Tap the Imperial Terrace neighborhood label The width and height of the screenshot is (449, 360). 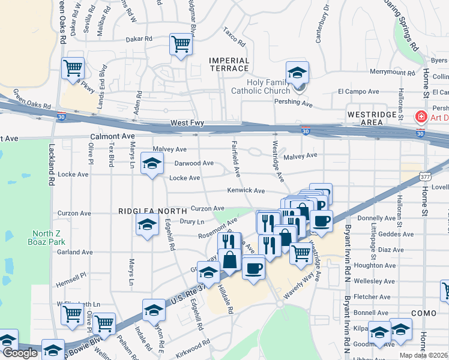(229, 64)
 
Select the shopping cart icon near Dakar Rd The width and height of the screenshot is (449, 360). (180, 44)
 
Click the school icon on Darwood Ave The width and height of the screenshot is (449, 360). (152, 163)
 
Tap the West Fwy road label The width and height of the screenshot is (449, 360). (187, 123)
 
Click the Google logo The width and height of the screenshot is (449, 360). (20, 353)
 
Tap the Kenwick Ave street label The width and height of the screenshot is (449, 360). (246, 191)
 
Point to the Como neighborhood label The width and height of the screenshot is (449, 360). (424, 313)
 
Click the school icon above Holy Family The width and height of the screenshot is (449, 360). (297, 73)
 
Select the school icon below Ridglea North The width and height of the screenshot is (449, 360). (147, 226)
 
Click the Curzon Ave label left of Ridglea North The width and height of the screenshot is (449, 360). (74, 213)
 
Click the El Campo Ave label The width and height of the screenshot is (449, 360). (358, 92)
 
